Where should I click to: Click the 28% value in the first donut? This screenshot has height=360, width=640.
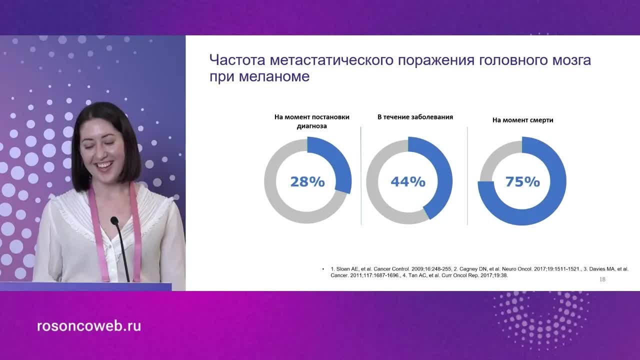click(307, 181)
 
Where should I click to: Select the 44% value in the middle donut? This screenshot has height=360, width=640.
click(408, 181)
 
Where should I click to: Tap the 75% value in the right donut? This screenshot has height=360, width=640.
click(522, 181)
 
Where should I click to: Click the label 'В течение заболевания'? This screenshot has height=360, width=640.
click(415, 117)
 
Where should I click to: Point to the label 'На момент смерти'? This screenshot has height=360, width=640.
click(522, 120)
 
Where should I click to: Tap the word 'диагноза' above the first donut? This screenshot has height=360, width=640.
click(311, 126)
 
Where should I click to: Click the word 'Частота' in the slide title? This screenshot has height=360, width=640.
click(237, 60)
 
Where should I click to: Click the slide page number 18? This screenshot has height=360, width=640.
click(602, 279)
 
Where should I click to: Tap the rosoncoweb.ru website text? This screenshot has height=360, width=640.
click(89, 326)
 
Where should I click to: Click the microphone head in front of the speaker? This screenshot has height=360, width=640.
click(114, 220)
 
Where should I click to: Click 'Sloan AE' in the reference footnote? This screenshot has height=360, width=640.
click(348, 269)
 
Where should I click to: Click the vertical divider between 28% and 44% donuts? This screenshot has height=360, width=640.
click(361, 175)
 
